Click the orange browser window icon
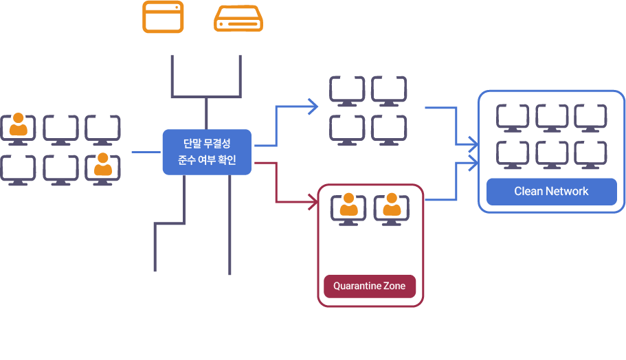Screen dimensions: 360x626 163,17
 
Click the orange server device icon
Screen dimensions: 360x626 238,19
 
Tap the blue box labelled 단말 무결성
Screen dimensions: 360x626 207,153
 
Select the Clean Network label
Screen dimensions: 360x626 551,192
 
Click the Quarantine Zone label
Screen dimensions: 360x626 370,286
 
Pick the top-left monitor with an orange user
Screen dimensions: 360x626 19,128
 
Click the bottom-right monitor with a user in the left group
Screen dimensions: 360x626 103,169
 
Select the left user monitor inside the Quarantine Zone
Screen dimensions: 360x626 349,210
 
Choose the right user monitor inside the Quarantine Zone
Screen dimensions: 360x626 392,210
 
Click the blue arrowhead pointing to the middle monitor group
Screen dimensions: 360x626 314,106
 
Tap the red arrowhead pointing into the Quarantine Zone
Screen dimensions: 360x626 313,203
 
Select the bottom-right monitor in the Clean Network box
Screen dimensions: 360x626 590,155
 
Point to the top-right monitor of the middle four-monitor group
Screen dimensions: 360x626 389,91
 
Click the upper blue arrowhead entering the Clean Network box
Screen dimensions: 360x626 473,144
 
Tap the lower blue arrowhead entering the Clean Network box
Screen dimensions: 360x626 473,163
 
